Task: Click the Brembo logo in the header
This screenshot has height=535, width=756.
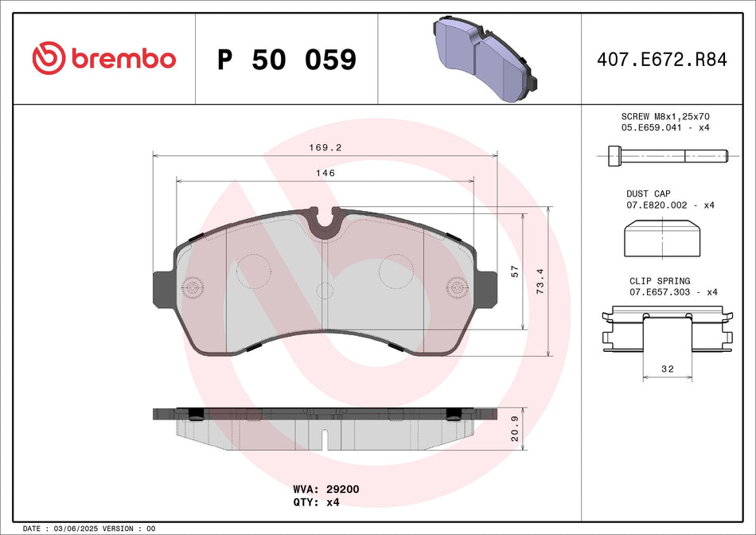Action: tap(104, 58)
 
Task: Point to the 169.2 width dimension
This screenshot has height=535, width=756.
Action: tap(324, 147)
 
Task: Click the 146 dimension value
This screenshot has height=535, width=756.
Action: tap(324, 173)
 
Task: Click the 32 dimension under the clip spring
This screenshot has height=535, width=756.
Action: tap(668, 369)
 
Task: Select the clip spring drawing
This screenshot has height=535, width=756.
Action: tap(668, 329)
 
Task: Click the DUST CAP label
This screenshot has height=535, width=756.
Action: tap(649, 193)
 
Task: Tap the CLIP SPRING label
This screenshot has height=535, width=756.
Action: tap(660, 281)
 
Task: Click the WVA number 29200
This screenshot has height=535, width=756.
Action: tap(343, 489)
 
